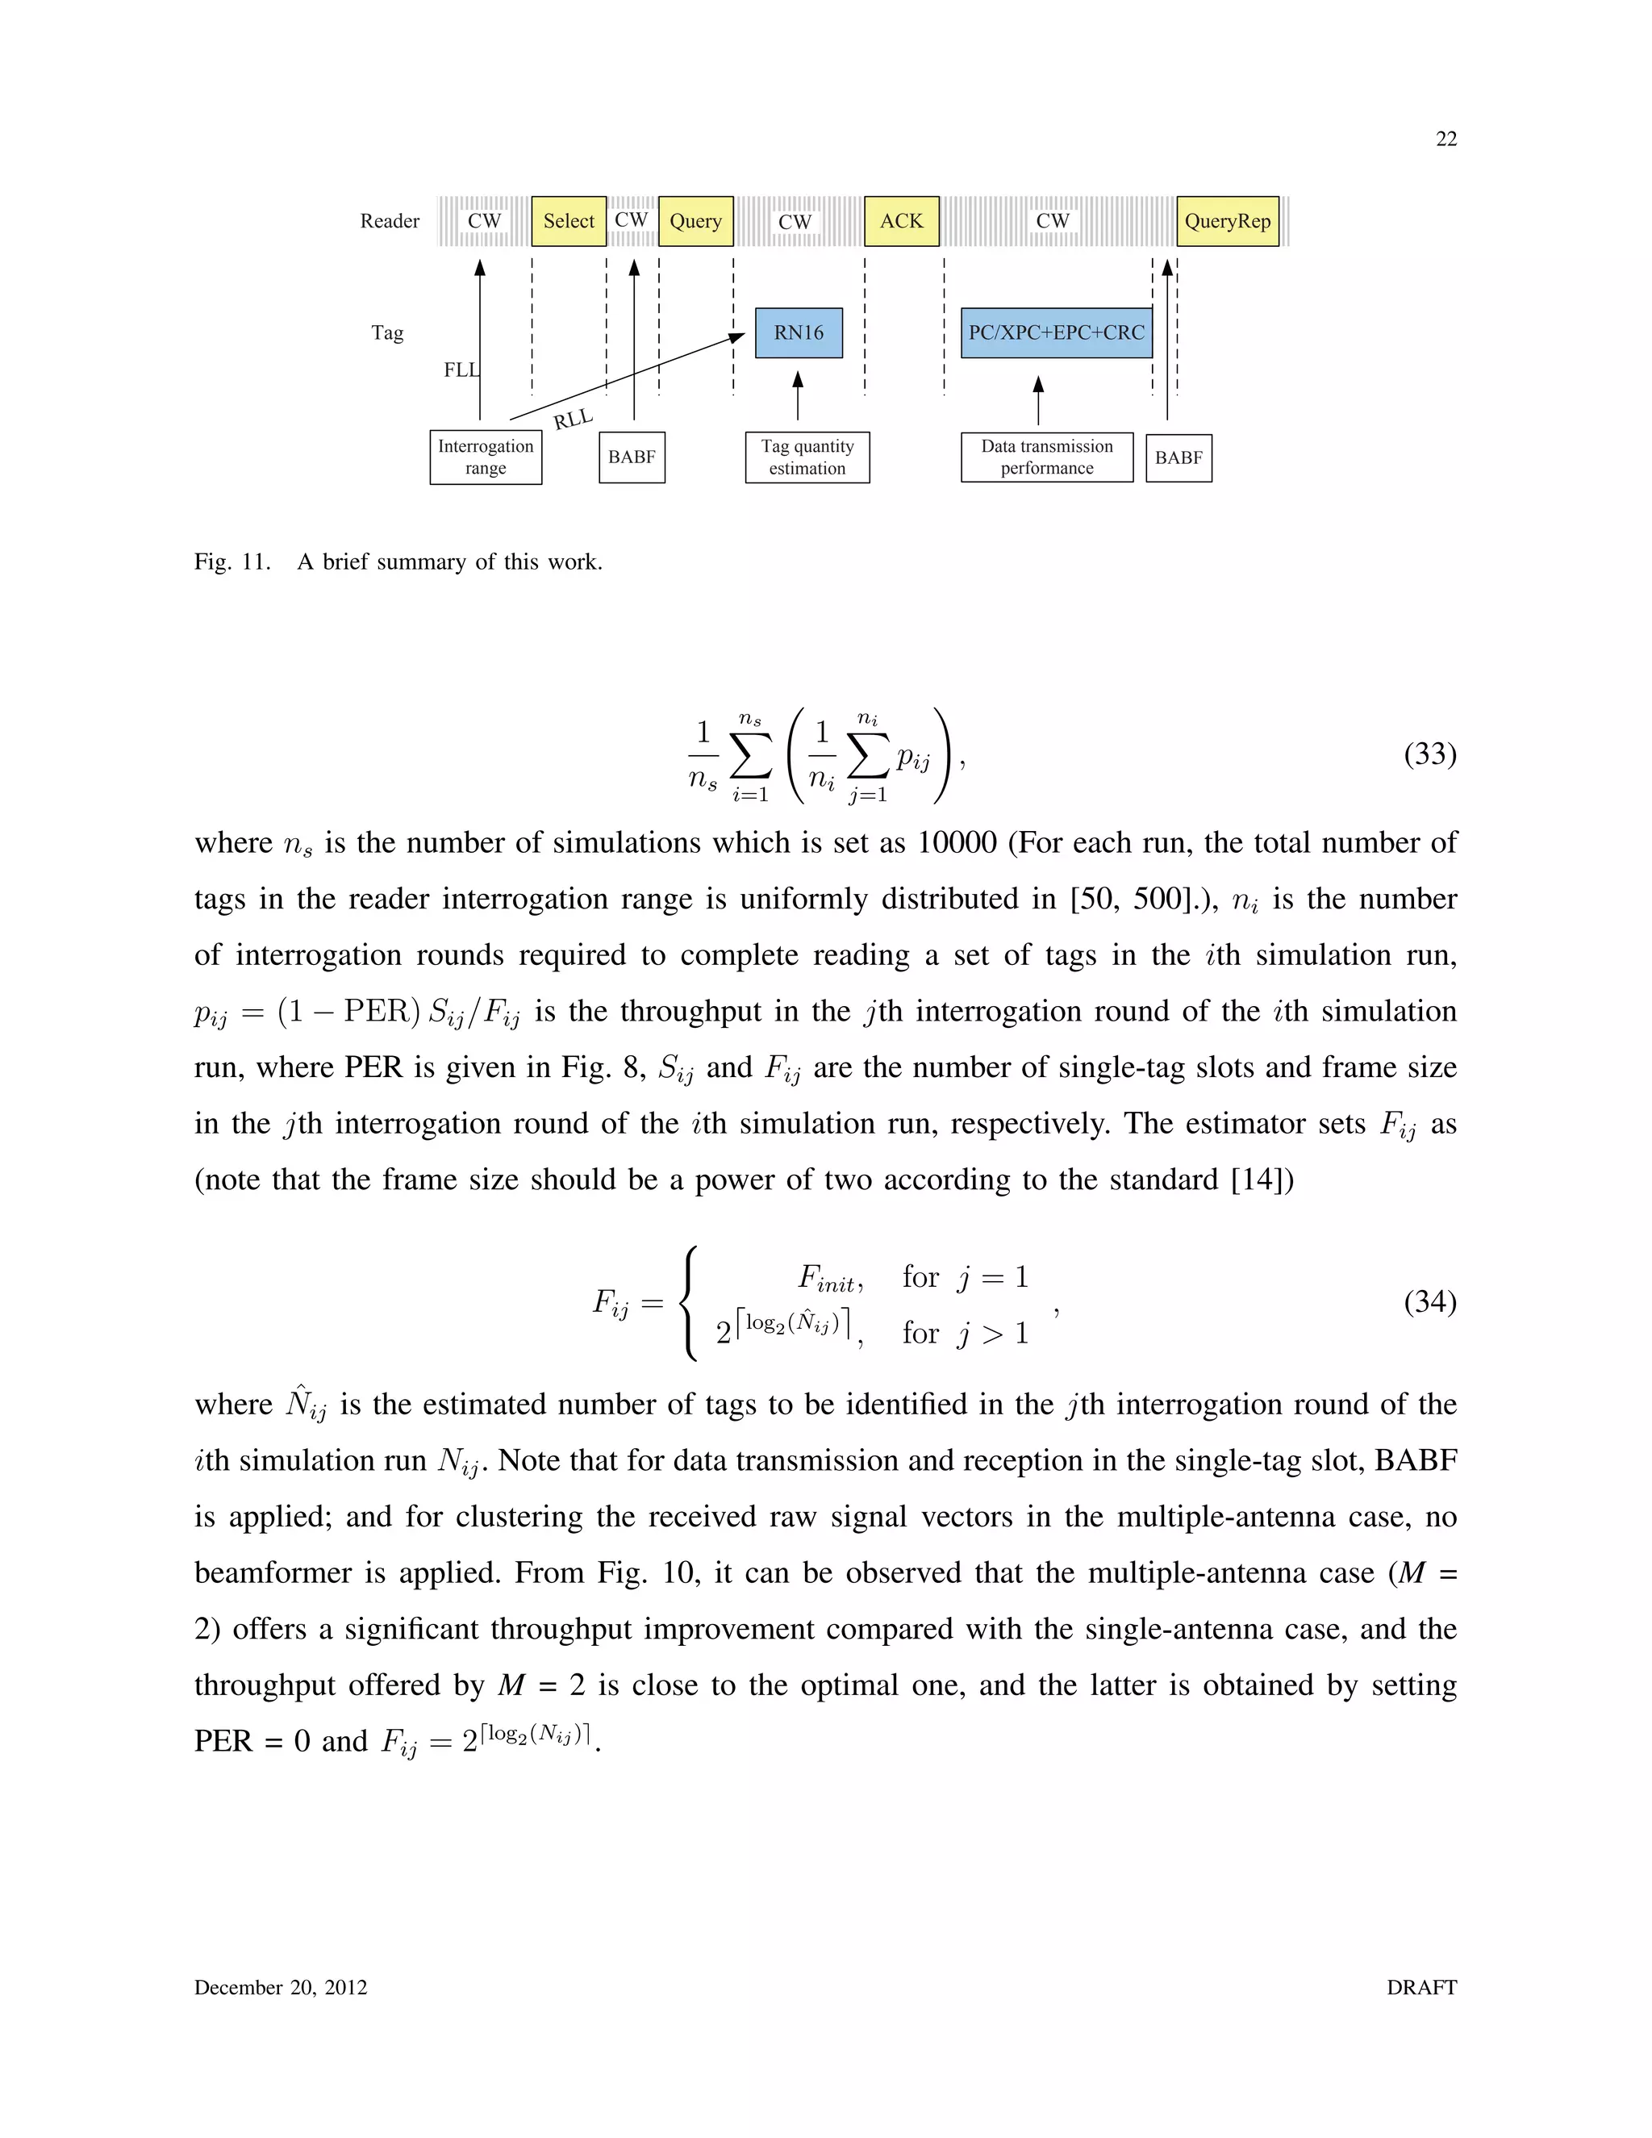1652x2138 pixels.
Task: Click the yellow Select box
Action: (x=569, y=221)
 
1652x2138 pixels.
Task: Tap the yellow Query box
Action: (x=696, y=221)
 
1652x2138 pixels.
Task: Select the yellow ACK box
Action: (x=901, y=221)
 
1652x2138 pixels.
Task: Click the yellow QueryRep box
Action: (x=1227, y=221)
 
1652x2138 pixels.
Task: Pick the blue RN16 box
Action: (x=799, y=333)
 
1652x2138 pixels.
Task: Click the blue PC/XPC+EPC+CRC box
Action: (x=1056, y=333)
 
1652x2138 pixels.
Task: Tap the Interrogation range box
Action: (x=486, y=457)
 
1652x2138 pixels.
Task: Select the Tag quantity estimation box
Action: (x=807, y=457)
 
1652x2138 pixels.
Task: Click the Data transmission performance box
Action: (x=1047, y=457)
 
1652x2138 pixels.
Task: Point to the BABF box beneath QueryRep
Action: (x=1179, y=458)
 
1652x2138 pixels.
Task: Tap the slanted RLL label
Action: (x=574, y=419)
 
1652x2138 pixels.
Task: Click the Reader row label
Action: (x=390, y=221)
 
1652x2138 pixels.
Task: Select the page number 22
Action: (x=1445, y=139)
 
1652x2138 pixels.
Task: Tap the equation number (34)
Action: (x=1430, y=1301)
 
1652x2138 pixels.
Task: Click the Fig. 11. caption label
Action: (x=232, y=562)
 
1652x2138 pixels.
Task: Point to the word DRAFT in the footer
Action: (x=1421, y=1987)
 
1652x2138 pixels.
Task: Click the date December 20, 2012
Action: (x=281, y=1987)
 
